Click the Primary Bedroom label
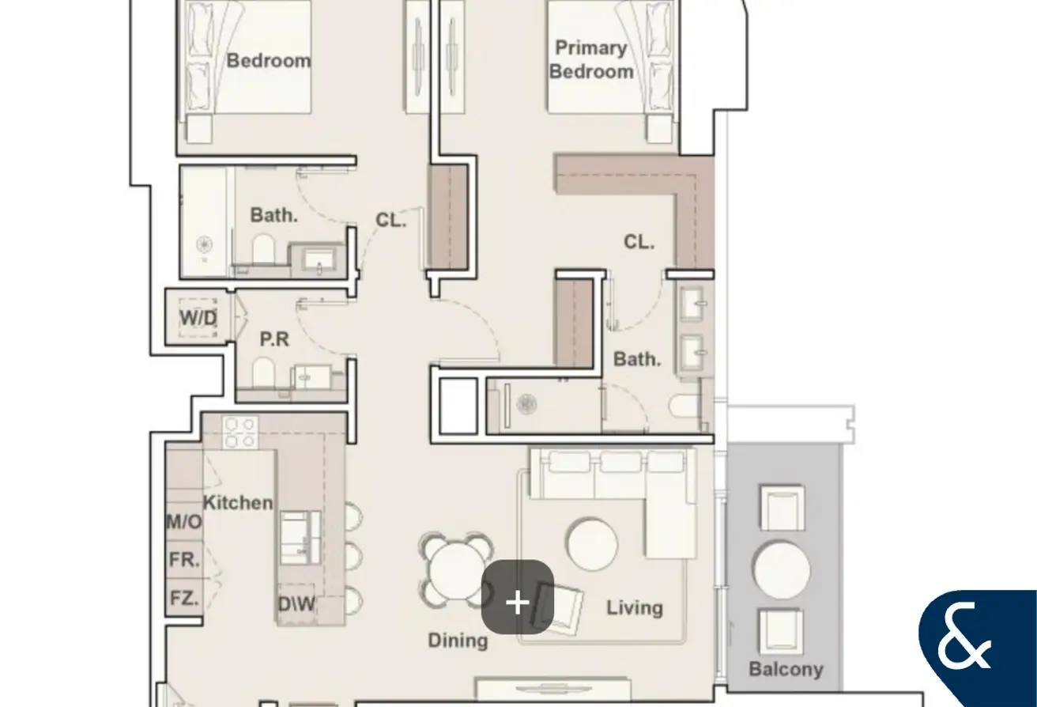pyautogui.click(x=591, y=60)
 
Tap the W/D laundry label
pyautogui.click(x=198, y=318)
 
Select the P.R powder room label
pyautogui.click(x=274, y=339)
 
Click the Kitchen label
pyautogui.click(x=238, y=503)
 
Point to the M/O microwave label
pyautogui.click(x=184, y=522)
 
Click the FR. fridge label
pyautogui.click(x=184, y=560)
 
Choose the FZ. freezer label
pyautogui.click(x=184, y=598)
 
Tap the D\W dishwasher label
pyautogui.click(x=296, y=603)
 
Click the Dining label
pyautogui.click(x=458, y=641)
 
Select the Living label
pyautogui.click(x=635, y=608)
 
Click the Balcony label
pyautogui.click(x=786, y=669)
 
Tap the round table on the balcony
pyautogui.click(x=782, y=570)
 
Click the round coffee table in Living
pyautogui.click(x=592, y=544)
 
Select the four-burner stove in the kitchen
pyautogui.click(x=240, y=433)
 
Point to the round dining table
pyautogui.click(x=455, y=571)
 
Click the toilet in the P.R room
pyautogui.click(x=263, y=372)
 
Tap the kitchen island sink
pyautogui.click(x=300, y=538)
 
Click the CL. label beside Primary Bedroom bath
pyautogui.click(x=639, y=241)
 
